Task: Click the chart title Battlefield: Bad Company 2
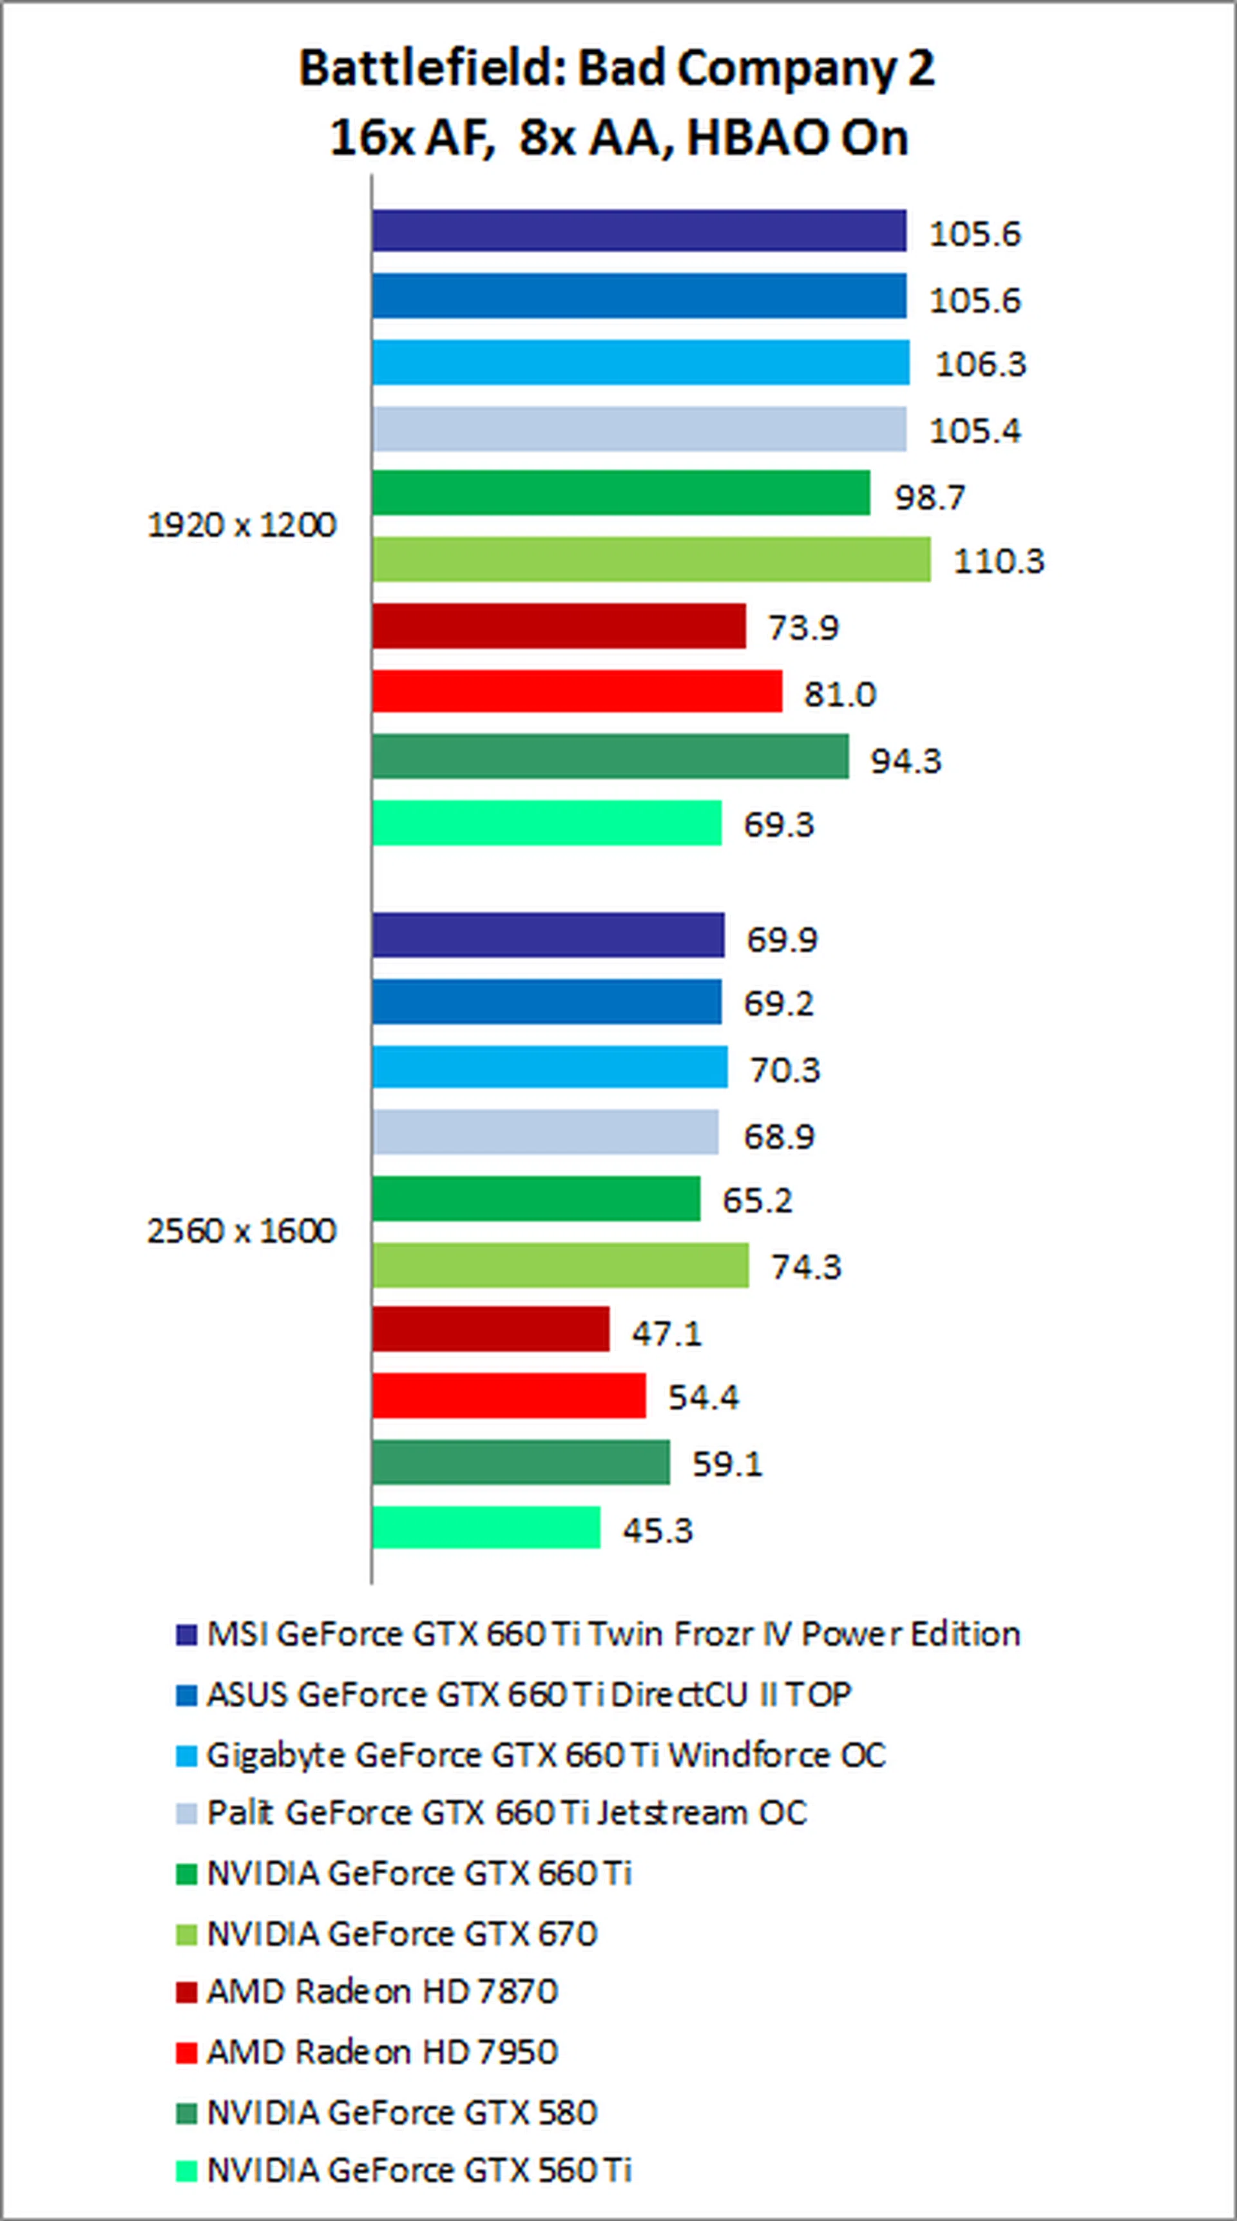(x=618, y=69)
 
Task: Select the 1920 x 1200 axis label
(x=242, y=525)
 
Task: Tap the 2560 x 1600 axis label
(x=242, y=1230)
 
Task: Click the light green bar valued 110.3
(x=651, y=560)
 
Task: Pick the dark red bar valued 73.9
(x=559, y=626)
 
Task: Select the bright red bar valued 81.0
(x=577, y=691)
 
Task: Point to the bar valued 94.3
(x=610, y=756)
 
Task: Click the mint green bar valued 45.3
(x=486, y=1528)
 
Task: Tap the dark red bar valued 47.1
(x=491, y=1330)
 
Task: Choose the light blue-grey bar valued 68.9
(x=545, y=1132)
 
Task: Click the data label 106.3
(x=981, y=364)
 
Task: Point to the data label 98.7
(x=929, y=497)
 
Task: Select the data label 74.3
(x=806, y=1266)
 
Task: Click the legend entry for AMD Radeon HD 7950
(x=382, y=2052)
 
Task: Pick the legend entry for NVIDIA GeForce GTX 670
(x=402, y=1934)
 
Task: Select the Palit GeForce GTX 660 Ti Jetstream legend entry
(x=506, y=1813)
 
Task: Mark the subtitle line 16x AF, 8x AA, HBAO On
(x=618, y=138)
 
